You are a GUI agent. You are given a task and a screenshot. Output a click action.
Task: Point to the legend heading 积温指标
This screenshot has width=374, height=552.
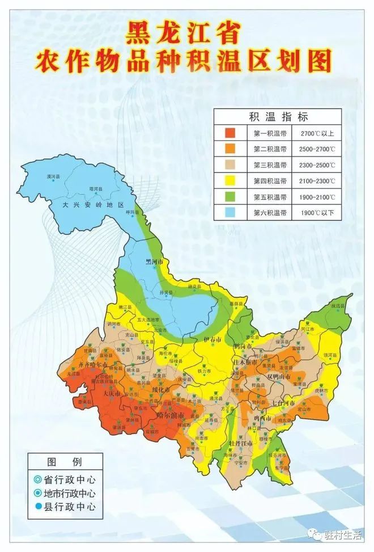click(278, 117)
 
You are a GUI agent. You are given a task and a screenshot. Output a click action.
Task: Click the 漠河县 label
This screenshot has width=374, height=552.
click(53, 178)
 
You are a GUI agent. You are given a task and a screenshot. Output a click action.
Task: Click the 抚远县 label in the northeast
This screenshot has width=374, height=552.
click(338, 305)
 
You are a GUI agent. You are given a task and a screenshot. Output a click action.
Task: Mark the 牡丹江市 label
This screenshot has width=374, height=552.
click(241, 443)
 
